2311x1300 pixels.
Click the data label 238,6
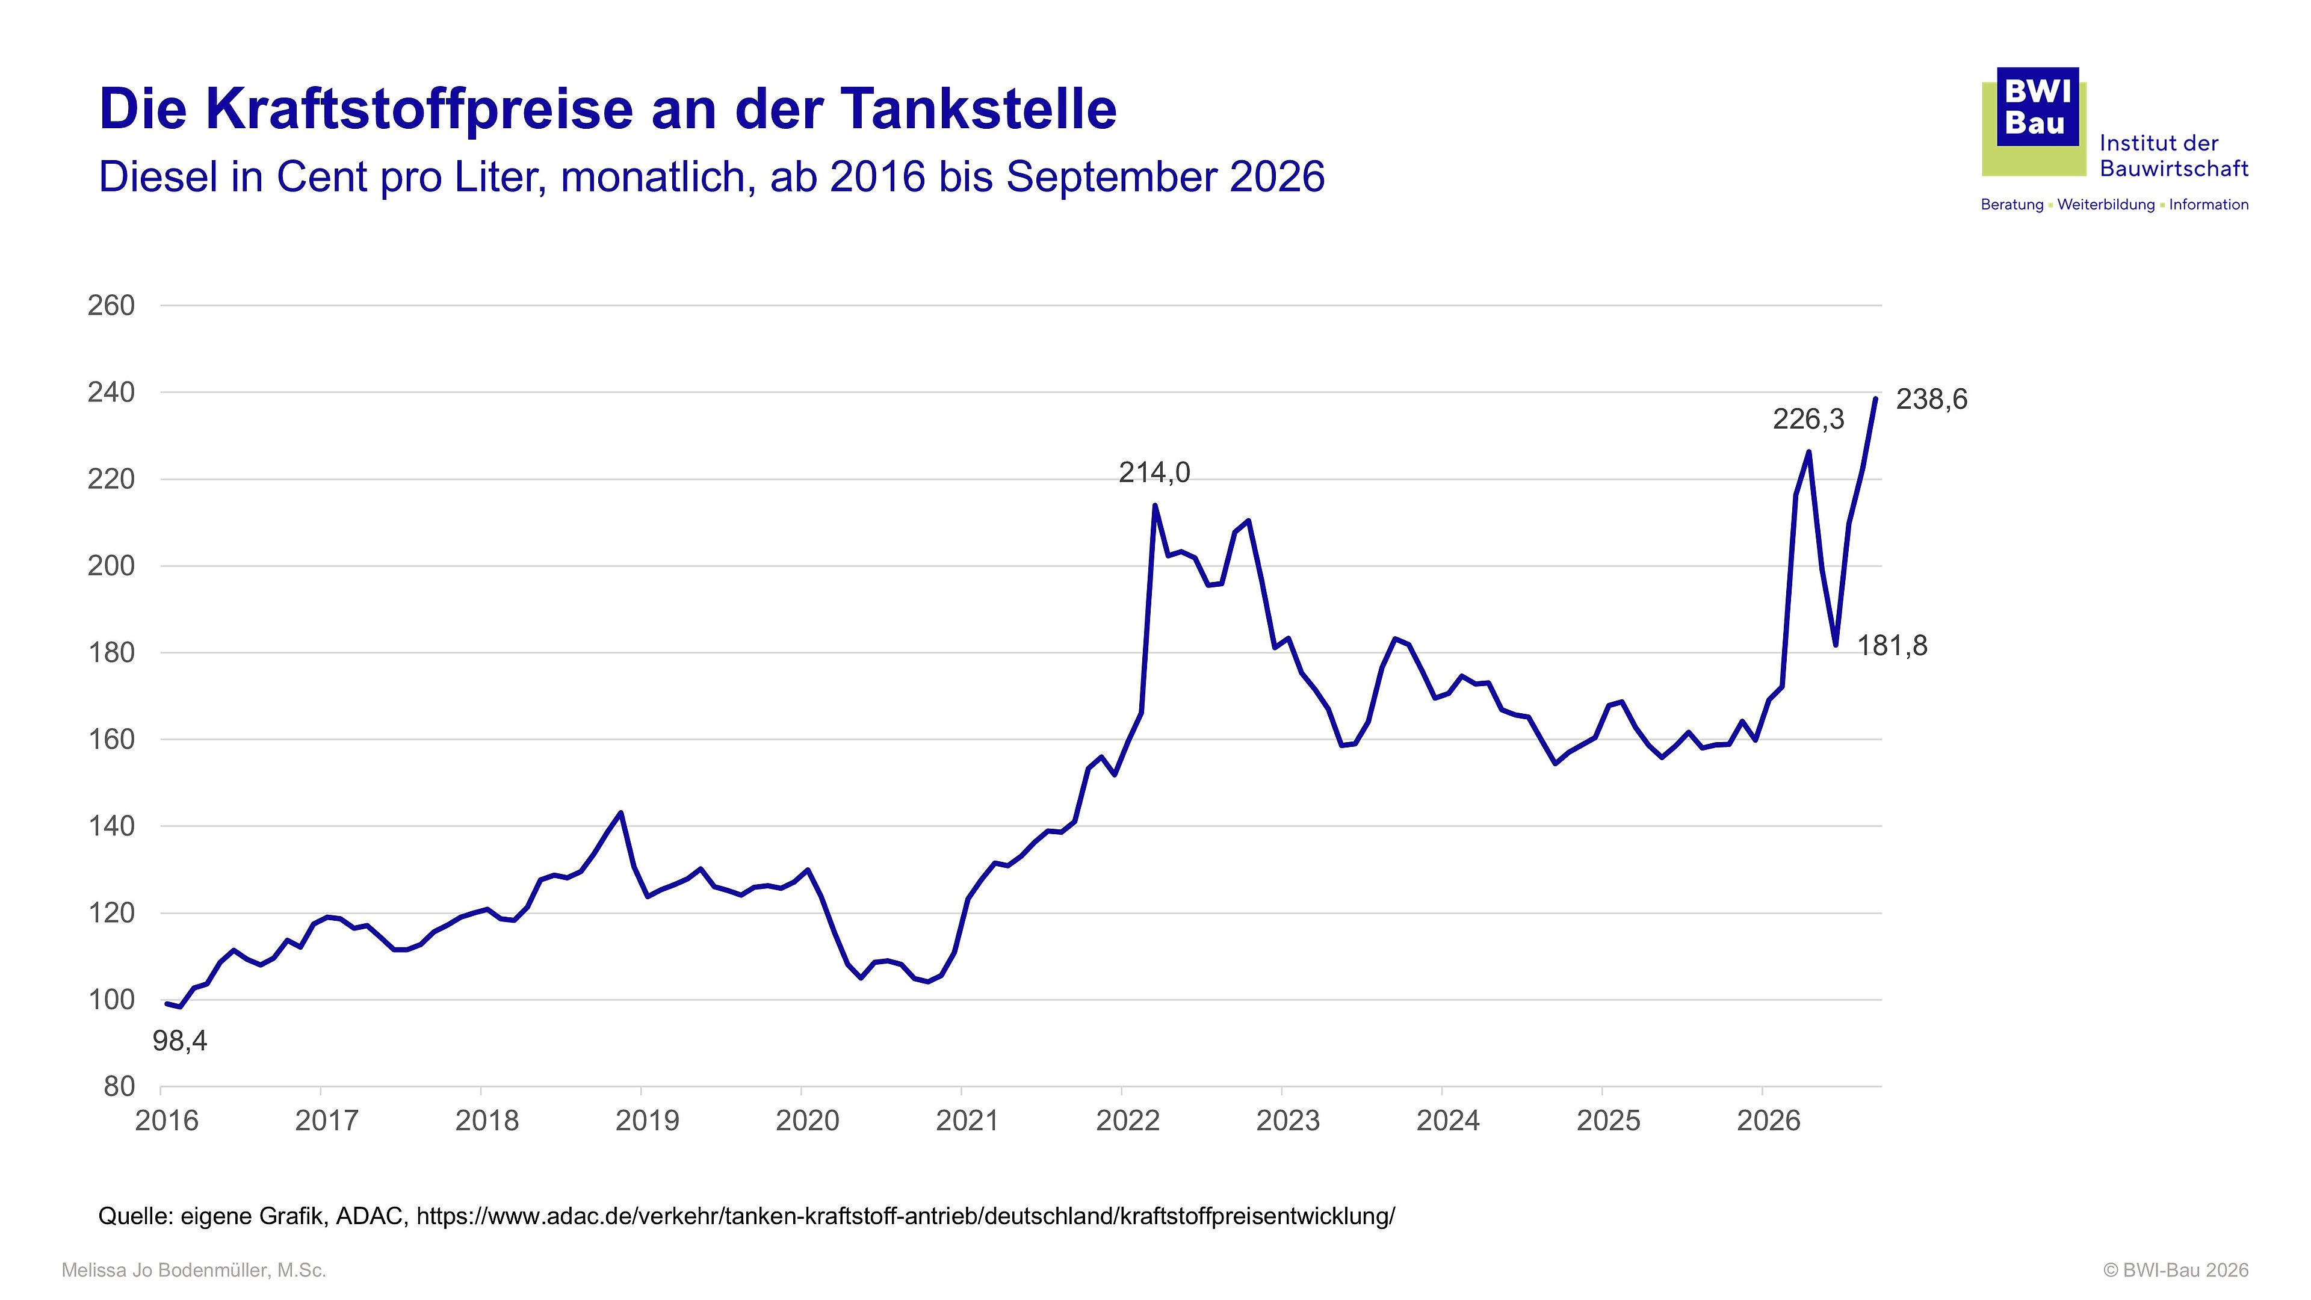[x=1931, y=399]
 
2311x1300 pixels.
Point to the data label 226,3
[x=1808, y=419]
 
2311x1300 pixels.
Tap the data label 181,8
[x=1891, y=645]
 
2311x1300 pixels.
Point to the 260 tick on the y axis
[x=111, y=305]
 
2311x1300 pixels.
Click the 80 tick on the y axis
[x=119, y=1086]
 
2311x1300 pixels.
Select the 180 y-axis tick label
[x=111, y=652]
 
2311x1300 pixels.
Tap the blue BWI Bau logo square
[x=2037, y=106]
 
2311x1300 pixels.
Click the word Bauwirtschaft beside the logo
[x=2174, y=169]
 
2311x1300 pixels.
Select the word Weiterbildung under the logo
[x=2106, y=205]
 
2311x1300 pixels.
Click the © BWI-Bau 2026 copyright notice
[x=2176, y=1271]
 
